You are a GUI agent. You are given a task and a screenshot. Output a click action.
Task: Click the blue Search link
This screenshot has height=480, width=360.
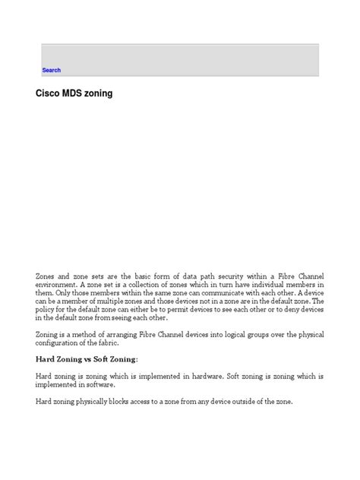click(x=51, y=70)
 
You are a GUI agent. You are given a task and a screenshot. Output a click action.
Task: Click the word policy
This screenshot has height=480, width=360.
click(x=49, y=309)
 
